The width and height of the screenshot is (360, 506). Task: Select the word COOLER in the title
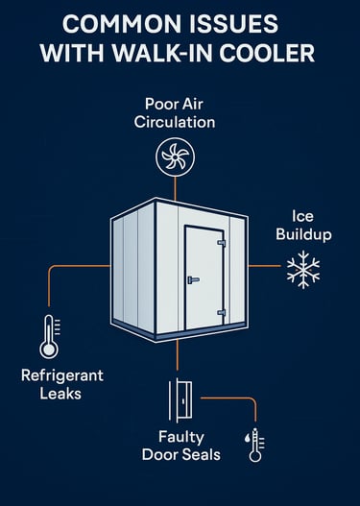tap(274, 54)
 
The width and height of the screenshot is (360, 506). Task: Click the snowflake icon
tap(303, 272)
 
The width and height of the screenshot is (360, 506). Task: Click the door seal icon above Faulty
tap(180, 397)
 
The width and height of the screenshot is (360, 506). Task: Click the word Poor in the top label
tap(158, 104)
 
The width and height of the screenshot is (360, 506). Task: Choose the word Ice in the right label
tap(301, 216)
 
